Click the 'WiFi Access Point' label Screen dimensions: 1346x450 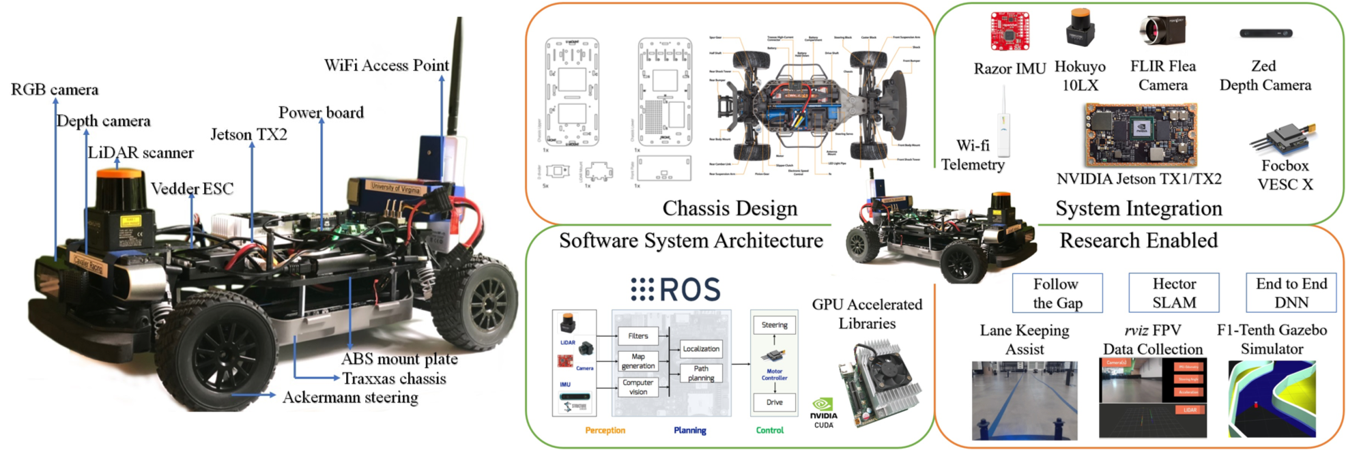[x=386, y=65]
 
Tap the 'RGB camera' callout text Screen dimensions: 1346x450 [x=55, y=89]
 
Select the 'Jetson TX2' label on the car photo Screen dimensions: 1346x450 [x=248, y=134]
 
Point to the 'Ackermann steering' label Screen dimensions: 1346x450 [x=350, y=397]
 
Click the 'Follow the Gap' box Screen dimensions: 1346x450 [x=1057, y=293]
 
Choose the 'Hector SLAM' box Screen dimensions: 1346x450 [x=1174, y=293]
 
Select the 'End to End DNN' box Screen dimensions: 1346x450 [x=1291, y=293]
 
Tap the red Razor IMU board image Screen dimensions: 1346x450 [x=1009, y=31]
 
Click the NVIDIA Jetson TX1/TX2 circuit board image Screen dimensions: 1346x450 [x=1141, y=135]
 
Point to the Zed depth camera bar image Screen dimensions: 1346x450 [x=1266, y=33]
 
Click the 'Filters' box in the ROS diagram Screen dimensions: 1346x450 [x=638, y=336]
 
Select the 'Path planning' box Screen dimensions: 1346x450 [x=701, y=373]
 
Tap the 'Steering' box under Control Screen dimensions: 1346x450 [x=774, y=325]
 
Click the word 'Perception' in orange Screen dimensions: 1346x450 [x=605, y=430]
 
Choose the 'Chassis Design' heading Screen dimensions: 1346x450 [x=730, y=209]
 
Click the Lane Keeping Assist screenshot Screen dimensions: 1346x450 [x=1025, y=400]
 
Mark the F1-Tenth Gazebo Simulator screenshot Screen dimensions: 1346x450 [x=1272, y=400]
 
